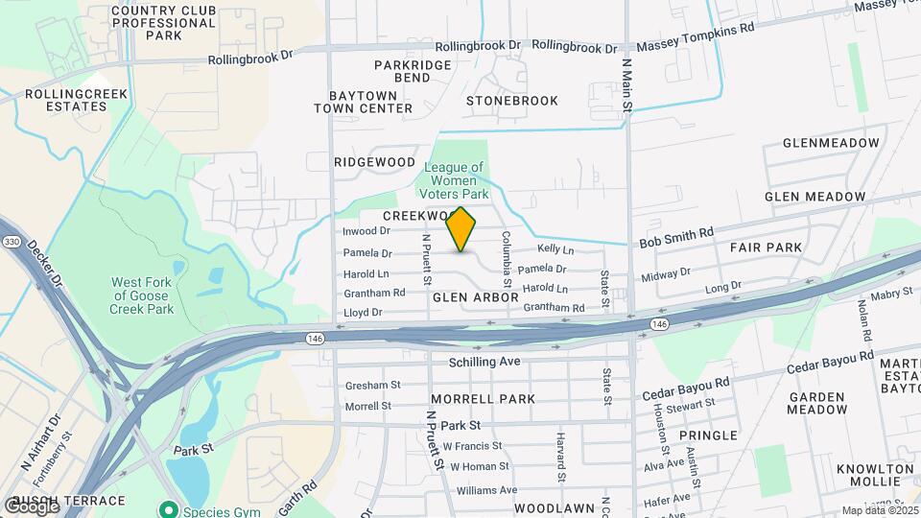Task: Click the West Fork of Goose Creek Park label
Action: tap(142, 295)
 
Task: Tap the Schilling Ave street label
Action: tap(484, 362)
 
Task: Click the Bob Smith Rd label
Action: tap(677, 233)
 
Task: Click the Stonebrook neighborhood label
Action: tap(511, 101)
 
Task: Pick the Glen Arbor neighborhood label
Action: tap(475, 298)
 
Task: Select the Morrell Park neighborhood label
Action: tap(483, 398)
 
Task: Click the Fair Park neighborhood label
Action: tap(766, 247)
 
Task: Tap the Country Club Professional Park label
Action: tap(164, 23)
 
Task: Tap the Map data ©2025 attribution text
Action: tap(879, 511)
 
